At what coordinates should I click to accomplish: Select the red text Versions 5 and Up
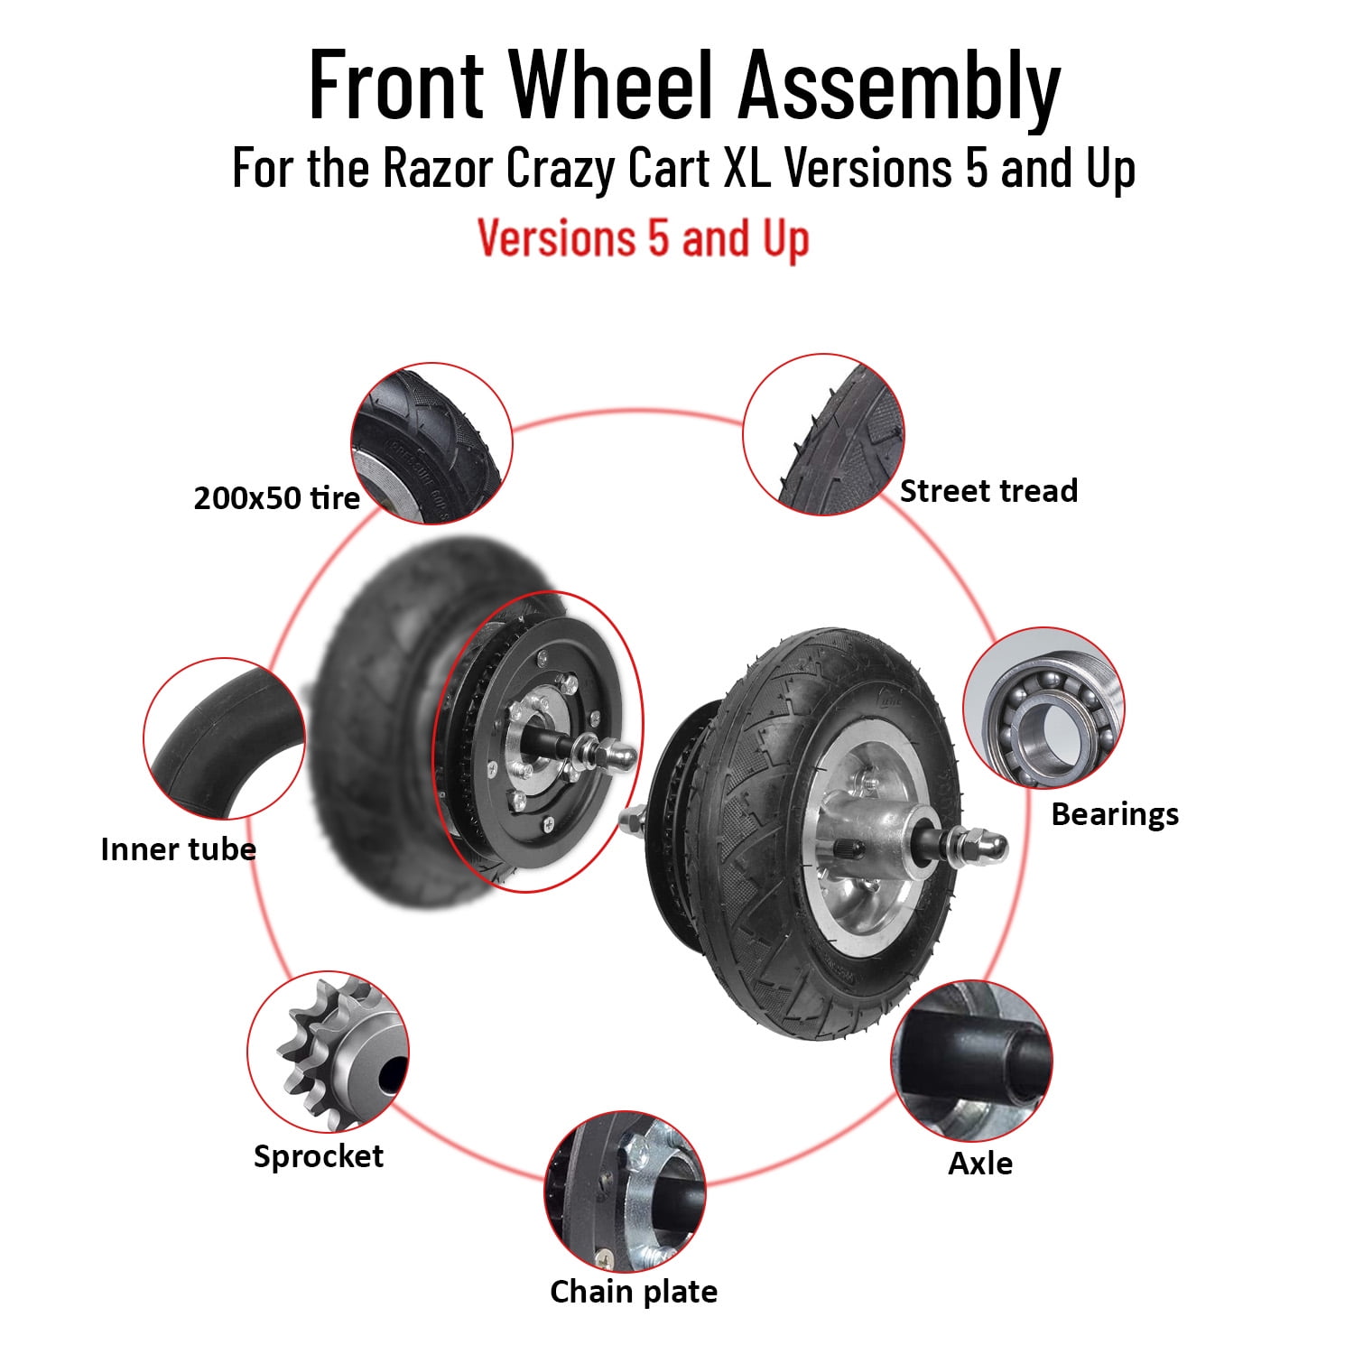pyautogui.click(x=643, y=238)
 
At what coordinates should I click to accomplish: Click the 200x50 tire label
pyautogui.click(x=276, y=498)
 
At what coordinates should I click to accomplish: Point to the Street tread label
pyautogui.click(x=988, y=491)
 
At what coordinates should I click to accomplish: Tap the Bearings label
pyautogui.click(x=1115, y=814)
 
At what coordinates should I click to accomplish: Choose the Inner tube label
pyautogui.click(x=178, y=849)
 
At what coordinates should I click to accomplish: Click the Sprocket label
pyautogui.click(x=319, y=1156)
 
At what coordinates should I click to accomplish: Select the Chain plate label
pyautogui.click(x=634, y=1292)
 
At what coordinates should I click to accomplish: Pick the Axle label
pyautogui.click(x=980, y=1164)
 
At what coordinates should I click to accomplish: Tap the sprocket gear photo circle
pyautogui.click(x=328, y=1053)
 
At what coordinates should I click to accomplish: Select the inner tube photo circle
pyautogui.click(x=224, y=738)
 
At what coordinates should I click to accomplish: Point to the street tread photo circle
pyautogui.click(x=823, y=435)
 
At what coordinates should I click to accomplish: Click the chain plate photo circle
pyautogui.click(x=626, y=1192)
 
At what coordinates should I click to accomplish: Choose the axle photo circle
pyautogui.click(x=972, y=1062)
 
